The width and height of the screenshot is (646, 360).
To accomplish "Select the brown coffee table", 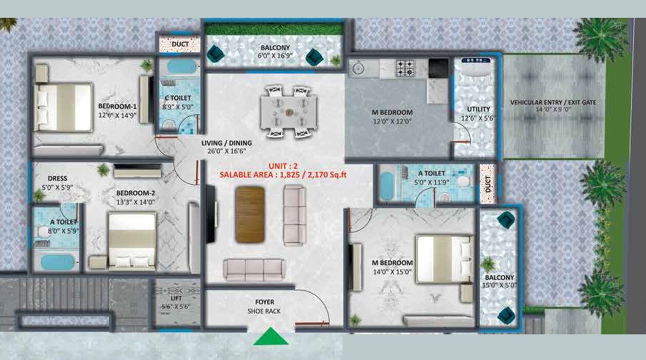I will click(250, 214).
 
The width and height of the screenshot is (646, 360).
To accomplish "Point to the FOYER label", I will click(265, 302).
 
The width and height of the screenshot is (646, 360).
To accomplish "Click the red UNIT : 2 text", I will click(283, 166).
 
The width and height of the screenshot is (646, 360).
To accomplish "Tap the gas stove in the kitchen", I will click(404, 67).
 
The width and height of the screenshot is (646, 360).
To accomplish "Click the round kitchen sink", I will click(357, 67).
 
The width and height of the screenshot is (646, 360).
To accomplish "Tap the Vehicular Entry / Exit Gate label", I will click(553, 102).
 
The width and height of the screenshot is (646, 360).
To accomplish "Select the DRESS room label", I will click(58, 179).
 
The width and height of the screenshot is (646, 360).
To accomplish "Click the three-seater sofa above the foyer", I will click(253, 269).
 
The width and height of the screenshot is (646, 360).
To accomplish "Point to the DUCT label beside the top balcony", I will click(180, 44).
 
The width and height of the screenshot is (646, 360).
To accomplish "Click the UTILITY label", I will click(478, 109).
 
